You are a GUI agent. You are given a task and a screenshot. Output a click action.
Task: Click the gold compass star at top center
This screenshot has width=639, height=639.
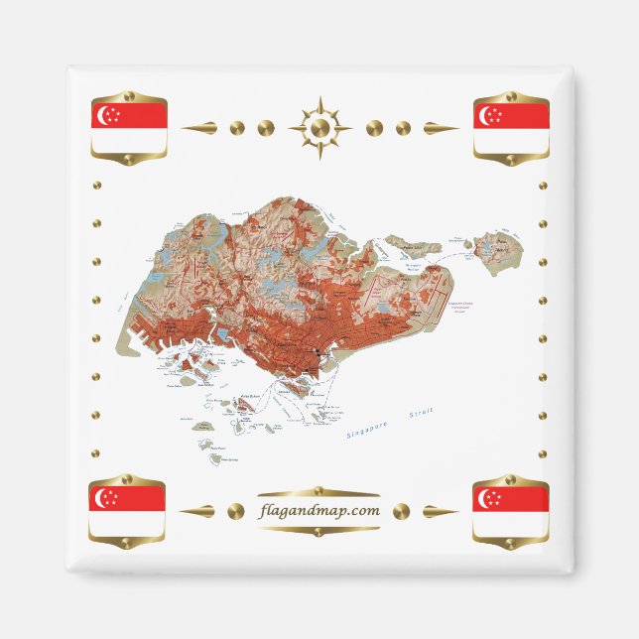pyautogui.click(x=319, y=128)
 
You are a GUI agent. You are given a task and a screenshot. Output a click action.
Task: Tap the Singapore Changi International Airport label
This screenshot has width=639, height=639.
pyautogui.click(x=464, y=308)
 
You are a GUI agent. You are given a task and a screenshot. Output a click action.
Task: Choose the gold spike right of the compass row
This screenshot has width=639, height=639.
pyautogui.click(x=440, y=128)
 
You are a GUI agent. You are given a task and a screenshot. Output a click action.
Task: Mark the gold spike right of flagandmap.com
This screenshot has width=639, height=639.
pyautogui.click(x=441, y=512)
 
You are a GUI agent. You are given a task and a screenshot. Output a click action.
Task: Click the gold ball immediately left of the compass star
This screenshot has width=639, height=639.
pyautogui.click(x=266, y=128)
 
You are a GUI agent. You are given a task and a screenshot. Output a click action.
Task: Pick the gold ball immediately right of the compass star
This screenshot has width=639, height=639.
pyautogui.click(x=374, y=128)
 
